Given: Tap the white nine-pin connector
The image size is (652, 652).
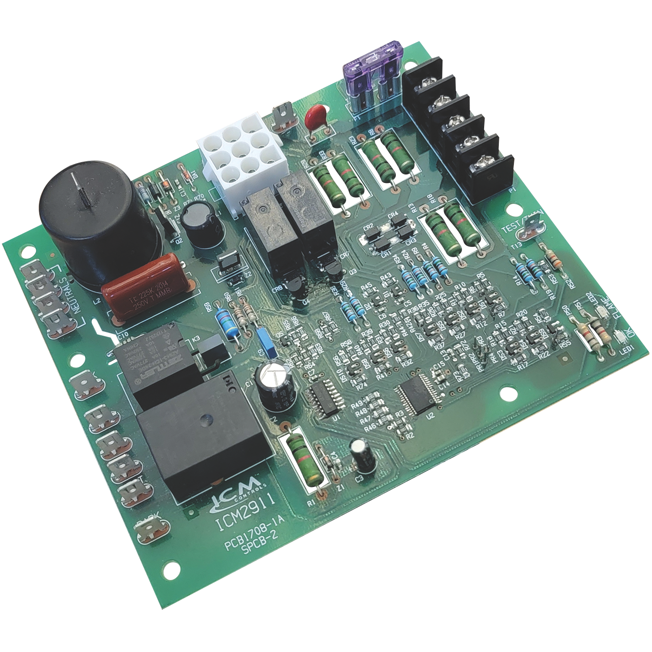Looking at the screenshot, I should (241, 152).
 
